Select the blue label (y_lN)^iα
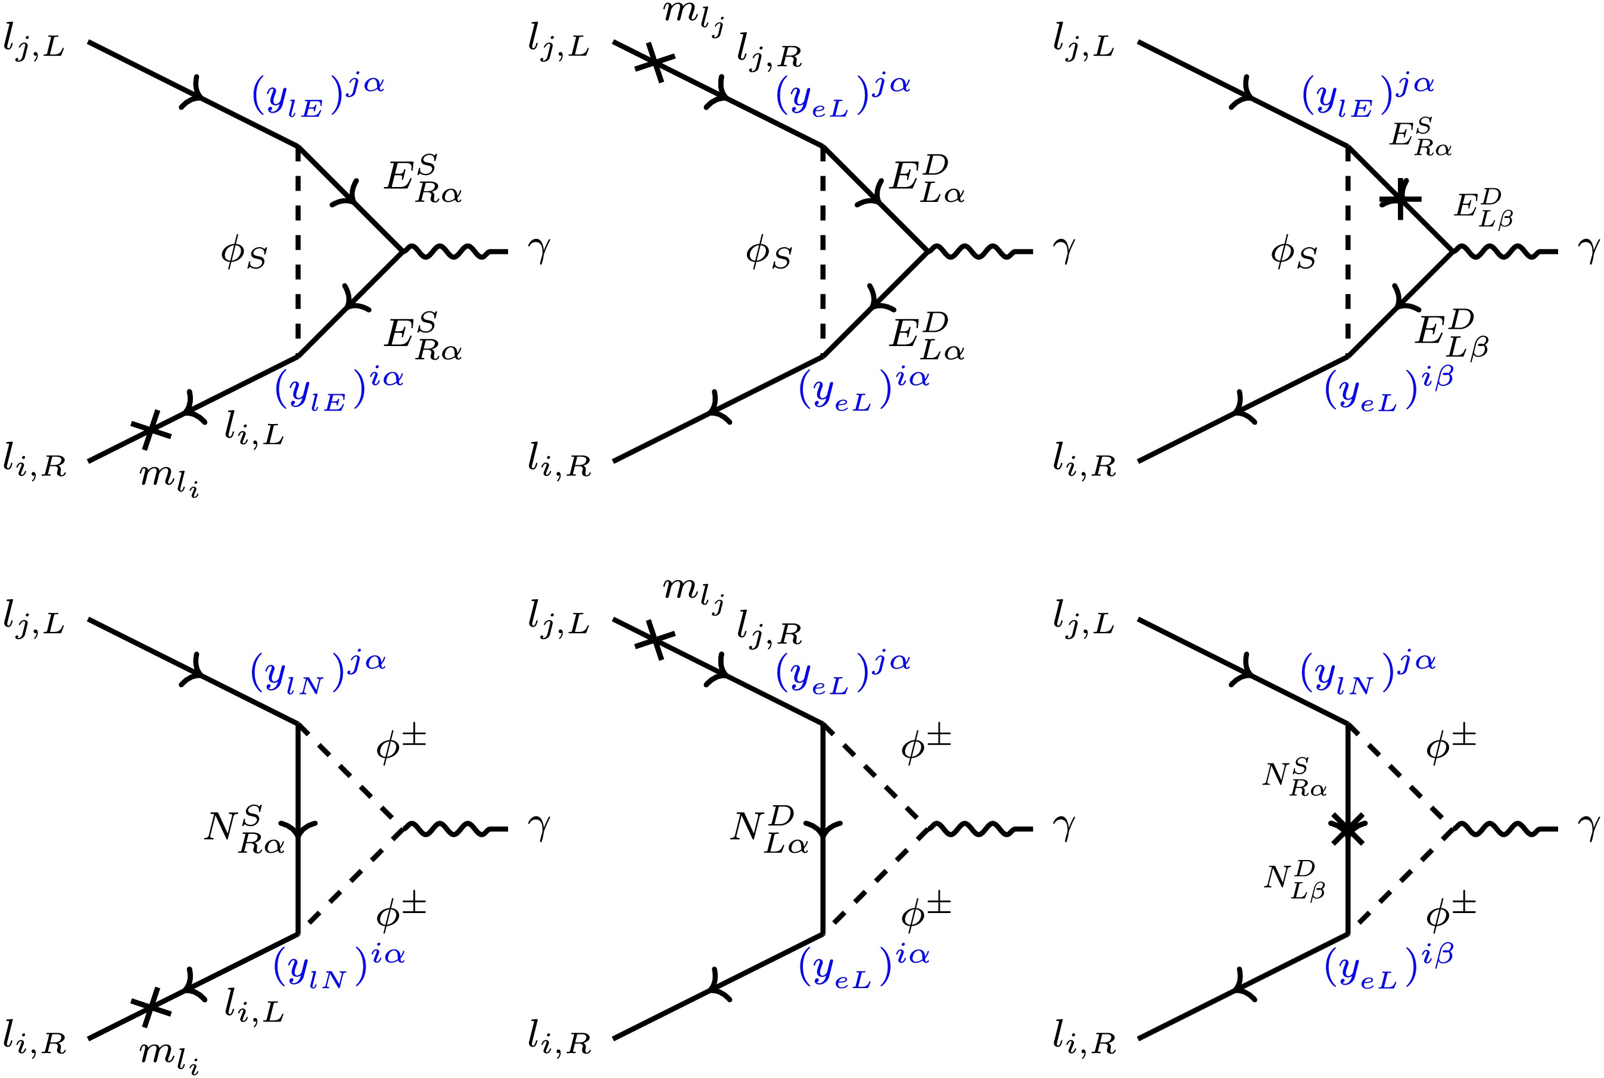click(x=339, y=967)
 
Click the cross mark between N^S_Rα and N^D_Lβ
click(x=1347, y=828)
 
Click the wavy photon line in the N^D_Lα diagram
click(x=980, y=828)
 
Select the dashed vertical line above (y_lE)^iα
click(x=298, y=251)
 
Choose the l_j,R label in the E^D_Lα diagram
click(x=770, y=52)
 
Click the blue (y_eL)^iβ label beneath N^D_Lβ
click(x=1389, y=967)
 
